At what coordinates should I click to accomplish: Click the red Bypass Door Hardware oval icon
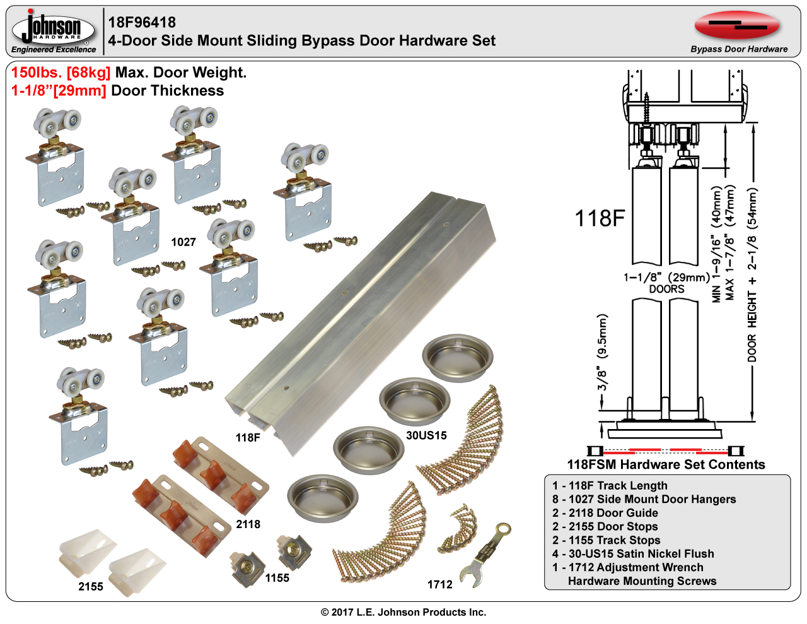point(737,26)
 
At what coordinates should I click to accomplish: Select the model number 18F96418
point(142,23)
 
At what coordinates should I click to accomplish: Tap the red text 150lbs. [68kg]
point(61,73)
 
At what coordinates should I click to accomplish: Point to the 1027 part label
point(183,242)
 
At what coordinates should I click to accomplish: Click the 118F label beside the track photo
point(248,437)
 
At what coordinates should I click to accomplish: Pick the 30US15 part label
point(426,435)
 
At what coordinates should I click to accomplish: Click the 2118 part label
point(248,524)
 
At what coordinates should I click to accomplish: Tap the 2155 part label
point(91,587)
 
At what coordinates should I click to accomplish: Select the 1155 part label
point(277,578)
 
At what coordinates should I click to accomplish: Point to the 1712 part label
point(440,585)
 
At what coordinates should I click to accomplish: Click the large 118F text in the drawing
point(600,218)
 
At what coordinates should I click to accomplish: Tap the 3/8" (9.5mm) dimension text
point(602,353)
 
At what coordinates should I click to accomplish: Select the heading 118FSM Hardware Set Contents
point(666,465)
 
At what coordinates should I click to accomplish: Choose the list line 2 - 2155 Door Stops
point(605,527)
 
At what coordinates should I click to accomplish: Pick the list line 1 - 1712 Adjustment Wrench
point(628,567)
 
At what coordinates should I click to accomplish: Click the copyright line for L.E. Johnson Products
point(403,612)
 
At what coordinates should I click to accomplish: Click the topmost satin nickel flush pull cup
point(458,358)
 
